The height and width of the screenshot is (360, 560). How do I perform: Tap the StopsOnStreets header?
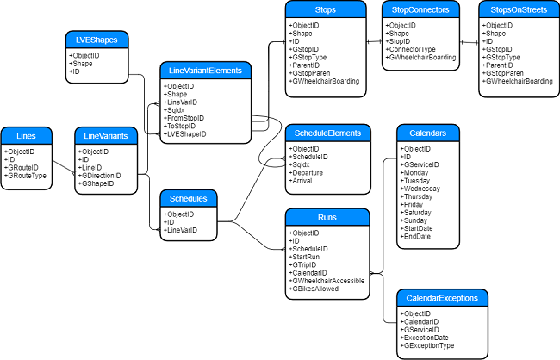516,10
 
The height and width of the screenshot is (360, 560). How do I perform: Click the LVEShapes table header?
97,40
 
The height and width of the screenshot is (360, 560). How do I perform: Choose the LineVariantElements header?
206,71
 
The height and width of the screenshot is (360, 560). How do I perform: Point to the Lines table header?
27,135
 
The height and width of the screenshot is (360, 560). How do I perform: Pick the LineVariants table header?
106,135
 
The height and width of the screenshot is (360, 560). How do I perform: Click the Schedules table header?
188,198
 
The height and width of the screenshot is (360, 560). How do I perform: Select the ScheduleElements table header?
328,133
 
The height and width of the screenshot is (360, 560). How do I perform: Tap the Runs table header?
328,217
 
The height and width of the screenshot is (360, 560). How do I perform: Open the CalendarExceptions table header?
442,298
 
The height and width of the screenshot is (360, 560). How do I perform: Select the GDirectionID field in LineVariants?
102,175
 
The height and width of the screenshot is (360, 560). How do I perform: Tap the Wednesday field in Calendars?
421,189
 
